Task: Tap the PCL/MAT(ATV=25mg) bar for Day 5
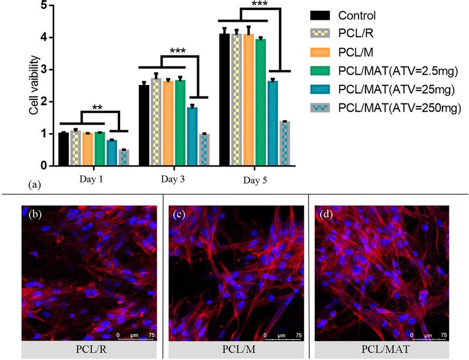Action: click(x=272, y=123)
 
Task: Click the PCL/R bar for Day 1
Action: click(x=75, y=148)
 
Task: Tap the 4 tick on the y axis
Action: click(x=43, y=38)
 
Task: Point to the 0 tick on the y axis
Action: click(x=43, y=166)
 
